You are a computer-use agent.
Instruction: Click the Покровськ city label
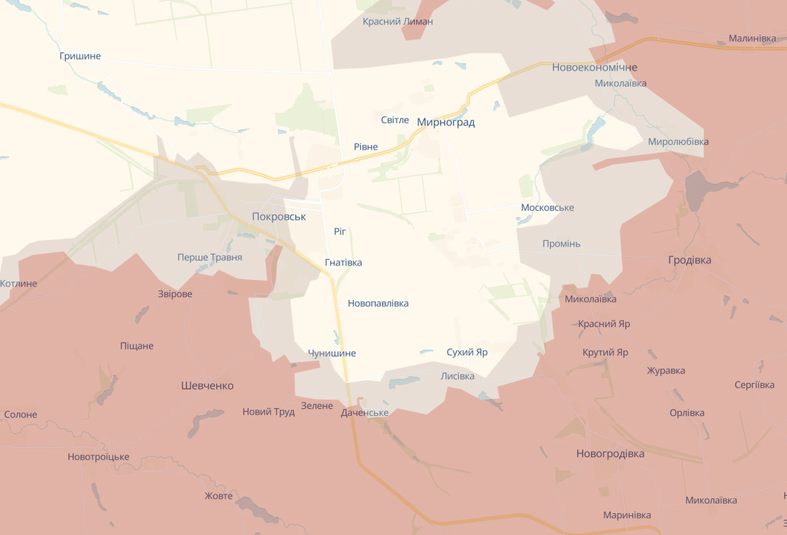(279, 217)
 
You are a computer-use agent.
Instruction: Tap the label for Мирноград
(446, 123)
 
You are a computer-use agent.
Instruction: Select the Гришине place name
(80, 56)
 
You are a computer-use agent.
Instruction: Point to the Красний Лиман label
(397, 22)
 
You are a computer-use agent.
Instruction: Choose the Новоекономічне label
(595, 68)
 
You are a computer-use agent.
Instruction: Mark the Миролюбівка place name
(678, 141)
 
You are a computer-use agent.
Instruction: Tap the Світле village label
(395, 120)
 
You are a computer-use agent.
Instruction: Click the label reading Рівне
(366, 147)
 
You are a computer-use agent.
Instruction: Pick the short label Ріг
(340, 231)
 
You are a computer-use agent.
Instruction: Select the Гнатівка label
(343, 263)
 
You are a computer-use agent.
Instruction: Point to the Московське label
(547, 208)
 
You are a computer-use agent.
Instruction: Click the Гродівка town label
(690, 260)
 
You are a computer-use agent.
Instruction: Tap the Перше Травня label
(210, 258)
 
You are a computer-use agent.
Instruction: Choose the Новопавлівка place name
(378, 304)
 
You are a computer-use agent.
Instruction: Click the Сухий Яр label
(467, 352)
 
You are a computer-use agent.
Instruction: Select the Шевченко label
(207, 386)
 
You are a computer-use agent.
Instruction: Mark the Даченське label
(364, 413)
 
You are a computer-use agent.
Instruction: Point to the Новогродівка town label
(610, 454)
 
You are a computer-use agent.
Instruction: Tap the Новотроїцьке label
(99, 457)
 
